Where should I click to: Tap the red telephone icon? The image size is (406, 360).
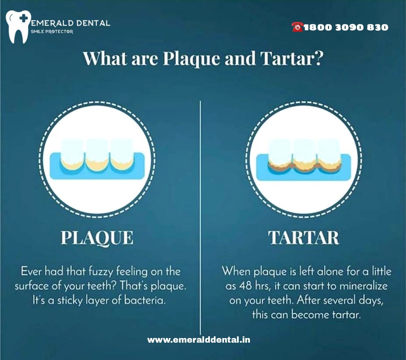297,27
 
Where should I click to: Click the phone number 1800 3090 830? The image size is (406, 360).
346,27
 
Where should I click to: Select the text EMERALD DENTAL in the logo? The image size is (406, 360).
70,23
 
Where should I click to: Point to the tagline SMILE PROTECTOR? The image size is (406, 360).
52,32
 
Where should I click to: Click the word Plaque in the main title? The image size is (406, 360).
192,59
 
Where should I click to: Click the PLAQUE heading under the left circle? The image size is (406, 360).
97,238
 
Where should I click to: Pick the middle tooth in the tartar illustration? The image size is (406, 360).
304,156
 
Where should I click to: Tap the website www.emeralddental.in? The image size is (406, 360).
199,340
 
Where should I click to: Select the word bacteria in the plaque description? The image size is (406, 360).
145,300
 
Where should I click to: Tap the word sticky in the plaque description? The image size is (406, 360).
70,301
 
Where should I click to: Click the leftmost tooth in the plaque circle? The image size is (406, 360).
73,154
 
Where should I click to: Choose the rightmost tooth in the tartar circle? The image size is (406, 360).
329,156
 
